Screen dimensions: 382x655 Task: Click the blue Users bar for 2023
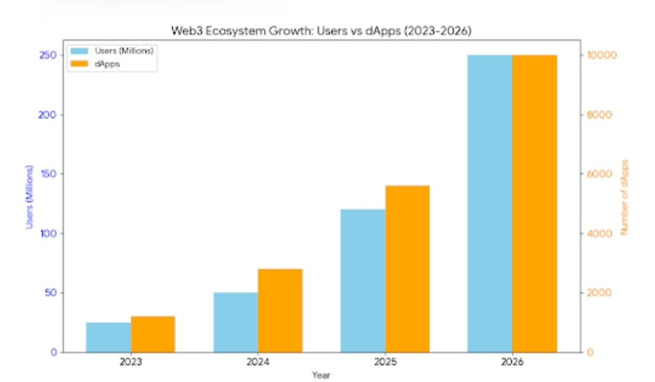coord(109,337)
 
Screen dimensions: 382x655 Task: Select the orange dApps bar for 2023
coord(153,334)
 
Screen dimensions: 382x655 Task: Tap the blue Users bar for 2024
coord(235,322)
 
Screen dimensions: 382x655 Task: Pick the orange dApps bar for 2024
coord(280,310)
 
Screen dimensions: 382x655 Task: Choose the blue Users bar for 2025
coord(363,281)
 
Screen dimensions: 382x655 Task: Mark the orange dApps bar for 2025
coord(408,269)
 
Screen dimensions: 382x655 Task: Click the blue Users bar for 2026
coord(489,203)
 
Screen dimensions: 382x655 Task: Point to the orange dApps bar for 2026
coord(534,203)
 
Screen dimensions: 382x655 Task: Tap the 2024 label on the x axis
coord(258,363)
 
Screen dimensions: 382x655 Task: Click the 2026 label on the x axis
coord(512,363)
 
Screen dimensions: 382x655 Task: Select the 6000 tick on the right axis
coord(599,174)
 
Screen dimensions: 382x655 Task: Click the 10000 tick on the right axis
coord(600,55)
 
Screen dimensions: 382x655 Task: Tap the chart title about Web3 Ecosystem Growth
coord(321,30)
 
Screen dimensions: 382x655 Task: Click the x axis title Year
coord(321,375)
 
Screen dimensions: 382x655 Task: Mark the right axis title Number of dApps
coord(625,198)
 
